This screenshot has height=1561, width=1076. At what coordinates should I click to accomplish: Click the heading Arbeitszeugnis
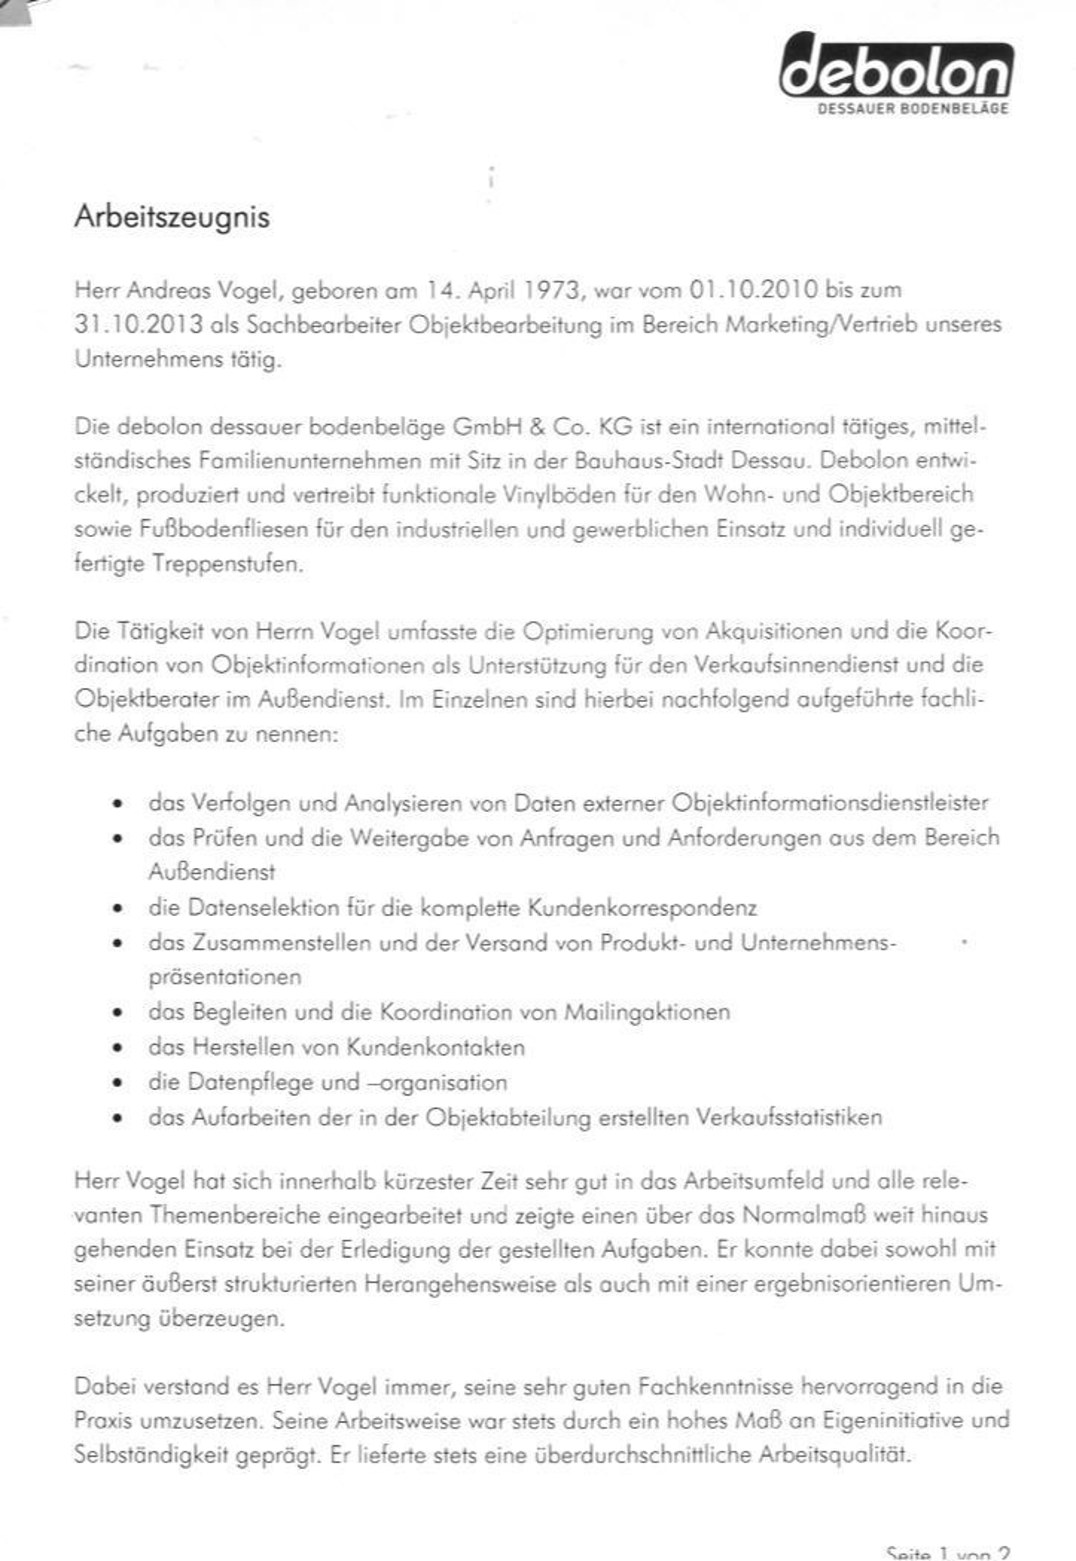pyautogui.click(x=172, y=217)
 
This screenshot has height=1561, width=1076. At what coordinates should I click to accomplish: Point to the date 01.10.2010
pyautogui.click(x=753, y=290)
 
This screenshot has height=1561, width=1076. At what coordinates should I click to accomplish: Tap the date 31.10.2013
pyautogui.click(x=138, y=325)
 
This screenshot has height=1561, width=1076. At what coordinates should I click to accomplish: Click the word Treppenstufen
pyautogui.click(x=227, y=563)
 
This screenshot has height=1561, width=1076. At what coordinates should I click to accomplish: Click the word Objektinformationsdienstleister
pyautogui.click(x=830, y=803)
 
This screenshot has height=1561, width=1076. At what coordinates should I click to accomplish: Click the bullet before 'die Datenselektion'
pyautogui.click(x=118, y=908)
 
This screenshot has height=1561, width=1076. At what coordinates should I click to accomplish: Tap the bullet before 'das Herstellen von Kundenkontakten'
pyautogui.click(x=118, y=1048)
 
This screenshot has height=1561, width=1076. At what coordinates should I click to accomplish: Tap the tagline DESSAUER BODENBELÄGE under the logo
pyautogui.click(x=913, y=109)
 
